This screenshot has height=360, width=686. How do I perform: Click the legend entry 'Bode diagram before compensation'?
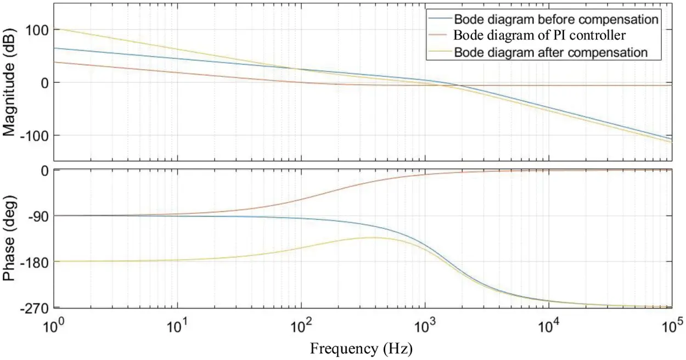(x=555, y=19)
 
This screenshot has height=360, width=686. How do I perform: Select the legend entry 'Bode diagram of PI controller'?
(x=539, y=36)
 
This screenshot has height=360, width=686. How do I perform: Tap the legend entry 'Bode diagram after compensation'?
(x=550, y=53)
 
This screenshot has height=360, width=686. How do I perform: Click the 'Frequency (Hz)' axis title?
(x=361, y=348)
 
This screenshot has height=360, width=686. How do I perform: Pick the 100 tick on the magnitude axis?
(x=37, y=30)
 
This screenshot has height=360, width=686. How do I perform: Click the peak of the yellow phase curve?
(x=373, y=238)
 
